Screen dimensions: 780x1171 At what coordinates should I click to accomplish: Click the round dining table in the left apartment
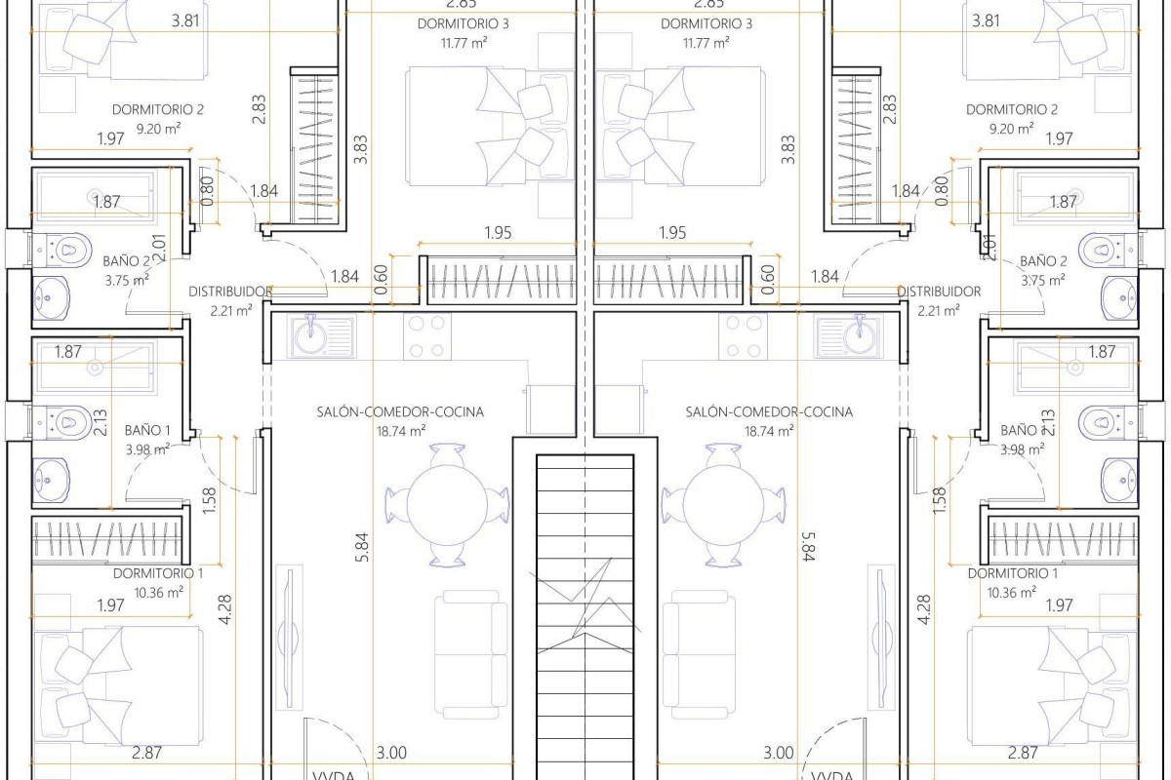tap(447, 503)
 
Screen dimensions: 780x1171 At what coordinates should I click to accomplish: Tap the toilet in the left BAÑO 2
tap(66, 250)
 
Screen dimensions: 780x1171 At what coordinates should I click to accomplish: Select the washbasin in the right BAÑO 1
tap(1118, 478)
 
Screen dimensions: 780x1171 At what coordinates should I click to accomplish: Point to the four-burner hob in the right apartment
tap(743, 336)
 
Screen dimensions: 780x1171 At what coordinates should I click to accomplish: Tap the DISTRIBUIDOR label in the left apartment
tap(229, 292)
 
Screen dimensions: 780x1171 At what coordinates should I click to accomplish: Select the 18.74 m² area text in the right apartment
tap(769, 430)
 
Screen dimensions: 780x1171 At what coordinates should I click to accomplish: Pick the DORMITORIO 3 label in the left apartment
tap(449, 23)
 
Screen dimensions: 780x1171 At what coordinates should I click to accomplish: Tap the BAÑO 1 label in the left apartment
tap(147, 430)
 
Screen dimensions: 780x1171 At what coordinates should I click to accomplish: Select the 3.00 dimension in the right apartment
tap(778, 752)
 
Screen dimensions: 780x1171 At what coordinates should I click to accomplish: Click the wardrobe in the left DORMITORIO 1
tap(108, 538)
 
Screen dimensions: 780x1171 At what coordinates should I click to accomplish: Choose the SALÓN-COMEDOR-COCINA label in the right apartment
tap(769, 412)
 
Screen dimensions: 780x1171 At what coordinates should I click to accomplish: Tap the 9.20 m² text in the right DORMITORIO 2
tap(1013, 128)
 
